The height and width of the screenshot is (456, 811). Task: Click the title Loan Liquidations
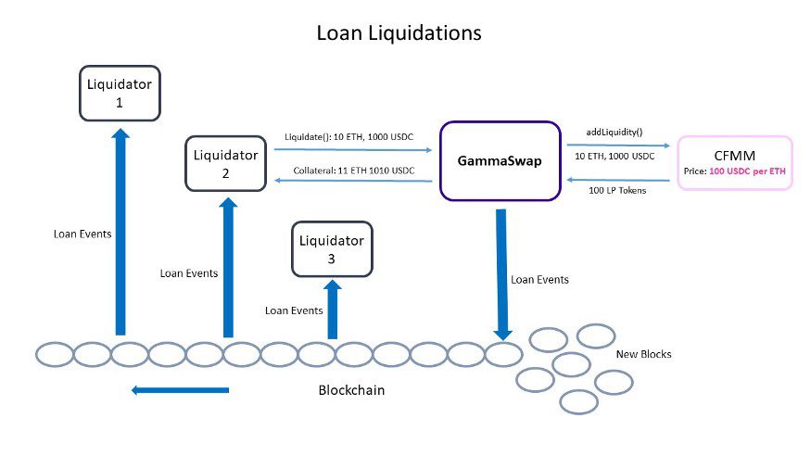coord(399,33)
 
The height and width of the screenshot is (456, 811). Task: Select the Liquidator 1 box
coord(120,93)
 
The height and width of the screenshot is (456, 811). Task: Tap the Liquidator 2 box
coord(226,163)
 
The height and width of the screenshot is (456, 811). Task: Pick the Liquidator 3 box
coord(332,249)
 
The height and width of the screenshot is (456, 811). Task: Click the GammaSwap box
coord(500,160)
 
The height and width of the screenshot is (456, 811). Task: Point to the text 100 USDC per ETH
coord(747,173)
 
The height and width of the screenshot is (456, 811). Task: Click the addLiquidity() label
coord(615,132)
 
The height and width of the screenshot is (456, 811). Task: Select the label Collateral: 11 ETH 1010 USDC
coord(355,171)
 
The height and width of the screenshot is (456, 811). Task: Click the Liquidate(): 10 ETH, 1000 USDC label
coord(348,137)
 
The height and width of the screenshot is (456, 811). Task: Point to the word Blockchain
coord(351,390)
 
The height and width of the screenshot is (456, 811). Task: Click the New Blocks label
coord(643,355)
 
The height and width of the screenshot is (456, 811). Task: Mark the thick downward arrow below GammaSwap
coord(502,273)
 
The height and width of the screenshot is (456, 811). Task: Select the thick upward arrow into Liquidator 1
coord(120,232)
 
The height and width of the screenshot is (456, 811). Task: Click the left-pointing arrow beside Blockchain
coord(180,390)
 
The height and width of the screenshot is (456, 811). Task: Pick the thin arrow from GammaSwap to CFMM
coord(617,146)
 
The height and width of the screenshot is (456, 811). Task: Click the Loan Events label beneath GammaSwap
coord(539,279)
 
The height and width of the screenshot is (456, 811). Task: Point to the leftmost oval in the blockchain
coord(54,355)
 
